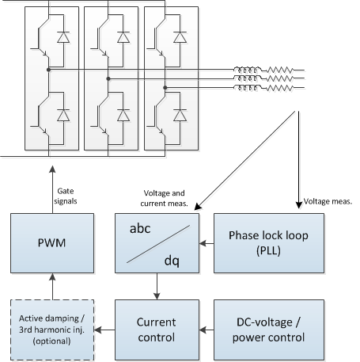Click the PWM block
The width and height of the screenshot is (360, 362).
[x=52, y=243]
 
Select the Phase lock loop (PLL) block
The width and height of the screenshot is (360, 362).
[x=269, y=243]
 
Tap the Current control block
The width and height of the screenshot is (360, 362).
[x=157, y=330]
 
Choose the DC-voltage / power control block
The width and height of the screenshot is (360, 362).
[x=269, y=330]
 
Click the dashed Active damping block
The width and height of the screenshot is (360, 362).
[x=52, y=330]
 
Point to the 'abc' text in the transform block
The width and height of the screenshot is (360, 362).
[x=140, y=228]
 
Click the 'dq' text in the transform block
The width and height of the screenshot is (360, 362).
[x=172, y=261]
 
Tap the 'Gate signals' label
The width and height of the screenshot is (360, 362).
[x=66, y=196]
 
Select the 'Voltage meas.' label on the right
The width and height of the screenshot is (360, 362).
[x=328, y=201]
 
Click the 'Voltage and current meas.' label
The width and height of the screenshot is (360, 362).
[x=164, y=198]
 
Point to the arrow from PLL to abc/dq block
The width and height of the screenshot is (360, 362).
[x=207, y=243]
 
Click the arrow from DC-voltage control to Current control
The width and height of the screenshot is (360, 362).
[x=207, y=330]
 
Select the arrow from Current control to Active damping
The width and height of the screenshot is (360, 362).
[x=104, y=330]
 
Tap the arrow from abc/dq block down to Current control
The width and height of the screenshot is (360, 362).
[x=157, y=286]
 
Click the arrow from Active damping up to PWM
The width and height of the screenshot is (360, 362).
[x=52, y=287]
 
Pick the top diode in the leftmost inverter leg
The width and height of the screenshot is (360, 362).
[x=63, y=37]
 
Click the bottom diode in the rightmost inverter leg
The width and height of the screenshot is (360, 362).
[x=180, y=115]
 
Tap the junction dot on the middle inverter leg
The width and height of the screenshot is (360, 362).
[x=108, y=78]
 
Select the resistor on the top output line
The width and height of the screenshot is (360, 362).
[x=280, y=70]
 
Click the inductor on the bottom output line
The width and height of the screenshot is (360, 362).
[x=247, y=87]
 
